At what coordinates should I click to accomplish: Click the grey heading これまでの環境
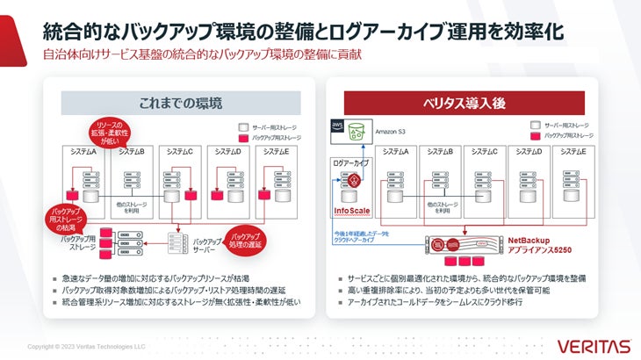(181, 102)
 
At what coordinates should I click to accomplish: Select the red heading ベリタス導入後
(464, 102)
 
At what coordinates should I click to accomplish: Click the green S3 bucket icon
(357, 132)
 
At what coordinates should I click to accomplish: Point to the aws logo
(336, 127)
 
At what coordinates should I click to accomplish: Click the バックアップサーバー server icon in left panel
(179, 239)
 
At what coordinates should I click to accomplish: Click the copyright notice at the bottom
(86, 346)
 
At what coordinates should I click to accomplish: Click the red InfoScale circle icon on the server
(354, 182)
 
